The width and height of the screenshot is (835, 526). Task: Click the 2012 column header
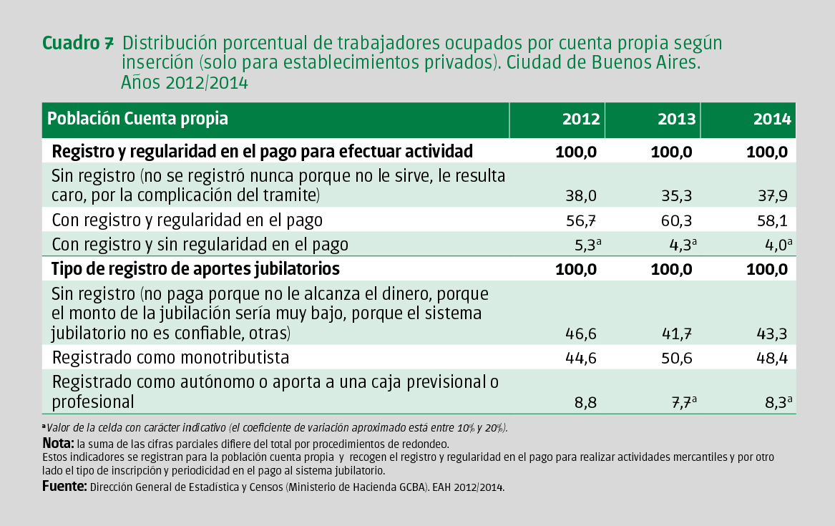[580, 120]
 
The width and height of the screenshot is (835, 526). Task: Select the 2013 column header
[676, 120]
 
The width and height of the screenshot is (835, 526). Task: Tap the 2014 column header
[772, 120]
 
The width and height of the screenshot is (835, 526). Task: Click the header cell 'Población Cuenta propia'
[138, 119]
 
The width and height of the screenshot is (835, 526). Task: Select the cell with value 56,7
[581, 220]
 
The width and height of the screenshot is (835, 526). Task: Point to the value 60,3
[677, 220]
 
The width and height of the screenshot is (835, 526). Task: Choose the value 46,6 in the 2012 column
[581, 333]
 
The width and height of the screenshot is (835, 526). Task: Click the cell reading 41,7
[677, 333]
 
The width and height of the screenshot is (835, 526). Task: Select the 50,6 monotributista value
[677, 358]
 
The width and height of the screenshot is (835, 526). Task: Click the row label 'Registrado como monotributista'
[170, 358]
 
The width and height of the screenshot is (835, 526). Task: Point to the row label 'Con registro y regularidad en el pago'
[187, 220]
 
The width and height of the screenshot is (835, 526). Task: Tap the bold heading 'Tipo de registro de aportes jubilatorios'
[195, 270]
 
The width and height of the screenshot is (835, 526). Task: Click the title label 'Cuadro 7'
[78, 43]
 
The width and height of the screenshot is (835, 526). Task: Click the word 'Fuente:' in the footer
[64, 487]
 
